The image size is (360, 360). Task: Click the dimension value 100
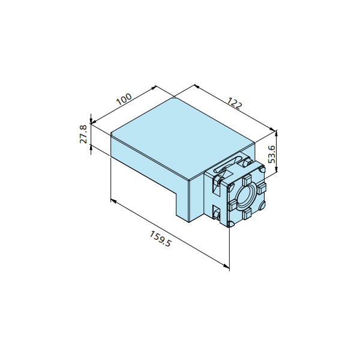pos(124,99)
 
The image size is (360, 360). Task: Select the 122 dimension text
pos(235,103)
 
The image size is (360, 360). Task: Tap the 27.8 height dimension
pos(83,134)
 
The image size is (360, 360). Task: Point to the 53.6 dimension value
pos(272,154)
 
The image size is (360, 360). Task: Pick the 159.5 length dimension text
pos(160,239)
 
